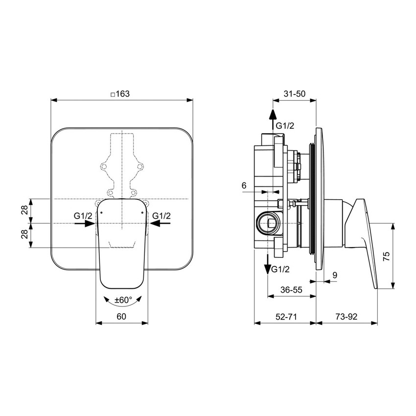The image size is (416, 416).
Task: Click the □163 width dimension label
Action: coord(120,94)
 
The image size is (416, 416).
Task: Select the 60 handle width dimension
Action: coord(122,316)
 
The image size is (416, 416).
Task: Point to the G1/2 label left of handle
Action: coord(82,215)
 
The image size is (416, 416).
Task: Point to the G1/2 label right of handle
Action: coord(162,215)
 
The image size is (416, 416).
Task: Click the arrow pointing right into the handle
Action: coord(85,223)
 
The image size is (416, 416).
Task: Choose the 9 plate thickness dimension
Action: coord(335,276)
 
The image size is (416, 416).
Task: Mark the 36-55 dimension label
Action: coord(291,290)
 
